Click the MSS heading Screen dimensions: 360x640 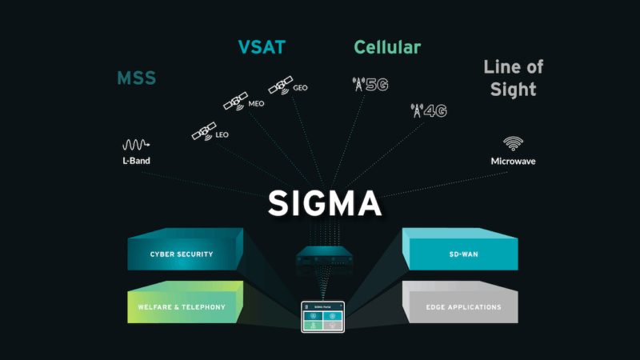pyautogui.click(x=136, y=78)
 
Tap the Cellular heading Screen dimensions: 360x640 pyautogui.click(x=387, y=47)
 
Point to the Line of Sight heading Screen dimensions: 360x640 pyautogui.click(x=513, y=78)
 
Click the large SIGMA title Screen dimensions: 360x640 pyautogui.click(x=324, y=202)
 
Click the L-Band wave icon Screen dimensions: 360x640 pyautogui.click(x=136, y=145)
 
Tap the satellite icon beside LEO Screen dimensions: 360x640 pyautogui.click(x=202, y=132)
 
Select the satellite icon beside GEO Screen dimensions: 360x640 pyautogui.click(x=280, y=84)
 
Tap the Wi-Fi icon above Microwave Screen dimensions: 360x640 pyautogui.click(x=513, y=144)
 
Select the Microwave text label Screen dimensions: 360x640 pyautogui.click(x=513, y=161)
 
